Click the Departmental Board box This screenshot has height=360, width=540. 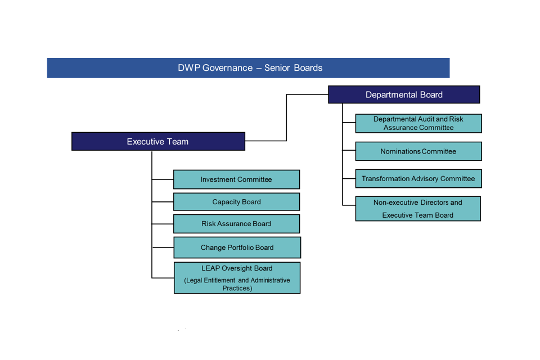(404, 94)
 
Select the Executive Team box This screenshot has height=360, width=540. (158, 141)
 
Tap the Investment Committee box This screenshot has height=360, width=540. (236, 179)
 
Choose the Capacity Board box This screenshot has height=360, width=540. (236, 202)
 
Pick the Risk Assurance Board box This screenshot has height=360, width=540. (236, 224)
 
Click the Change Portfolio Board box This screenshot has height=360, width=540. (237, 247)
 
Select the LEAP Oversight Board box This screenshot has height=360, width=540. (237, 278)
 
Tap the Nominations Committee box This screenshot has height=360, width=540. (418, 151)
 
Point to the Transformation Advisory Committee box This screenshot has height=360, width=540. (418, 179)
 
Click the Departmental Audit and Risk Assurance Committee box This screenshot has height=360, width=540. (418, 123)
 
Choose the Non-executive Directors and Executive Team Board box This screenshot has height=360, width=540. (417, 209)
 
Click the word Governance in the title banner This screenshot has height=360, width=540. (227, 68)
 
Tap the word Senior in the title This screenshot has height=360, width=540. (278, 68)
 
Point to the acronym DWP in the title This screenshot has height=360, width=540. (189, 68)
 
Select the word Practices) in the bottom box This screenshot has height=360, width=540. (237, 289)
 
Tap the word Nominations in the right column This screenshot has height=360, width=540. (400, 151)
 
